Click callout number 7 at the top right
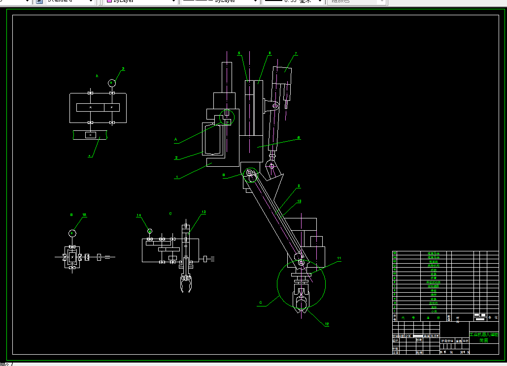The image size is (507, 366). (x=296, y=53)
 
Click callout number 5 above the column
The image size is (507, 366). (x=239, y=53)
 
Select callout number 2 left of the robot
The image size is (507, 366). (x=176, y=158)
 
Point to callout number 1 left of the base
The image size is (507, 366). (x=176, y=177)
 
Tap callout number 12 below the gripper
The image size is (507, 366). (x=326, y=324)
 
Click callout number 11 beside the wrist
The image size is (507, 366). (x=339, y=258)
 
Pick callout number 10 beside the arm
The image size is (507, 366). (x=299, y=201)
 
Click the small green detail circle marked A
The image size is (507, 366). (x=225, y=117)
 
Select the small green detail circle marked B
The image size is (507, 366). (x=250, y=174)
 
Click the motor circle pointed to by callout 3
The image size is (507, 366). (x=112, y=82)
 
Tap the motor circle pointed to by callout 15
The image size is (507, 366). (x=72, y=233)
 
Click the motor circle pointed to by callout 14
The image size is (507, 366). (x=150, y=231)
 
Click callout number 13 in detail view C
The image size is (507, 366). (x=203, y=212)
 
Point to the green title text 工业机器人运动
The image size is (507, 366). (x=484, y=335)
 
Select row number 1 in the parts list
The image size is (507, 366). (x=394, y=311)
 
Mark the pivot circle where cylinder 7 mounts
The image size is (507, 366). (x=275, y=105)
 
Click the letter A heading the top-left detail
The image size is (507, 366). (x=97, y=76)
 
